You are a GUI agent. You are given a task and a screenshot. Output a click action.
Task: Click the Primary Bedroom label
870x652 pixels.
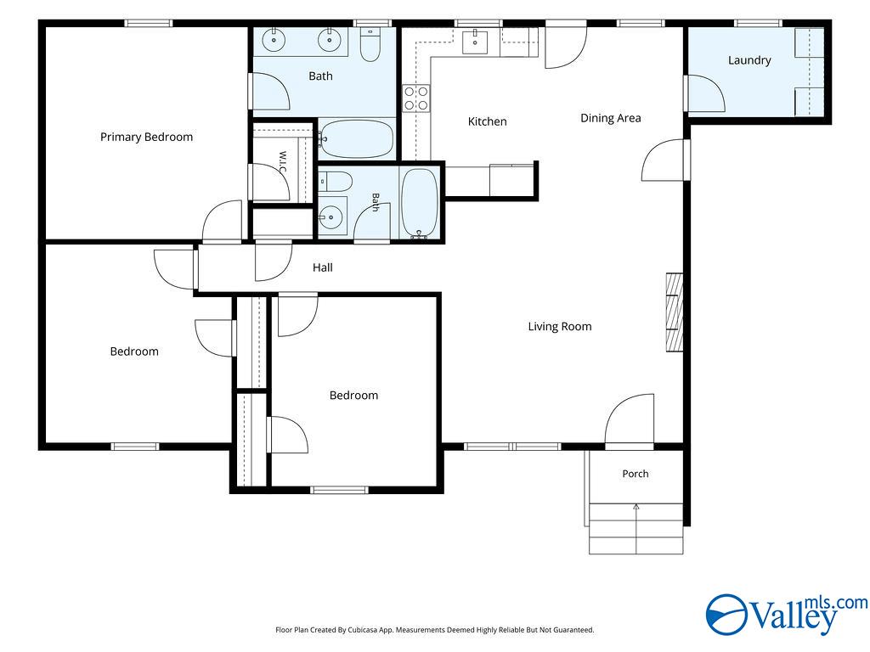pos(146,137)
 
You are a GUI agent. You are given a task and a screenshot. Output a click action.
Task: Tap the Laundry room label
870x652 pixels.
pos(749,60)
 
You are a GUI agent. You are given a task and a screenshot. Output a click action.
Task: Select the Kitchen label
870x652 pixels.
pos(487,121)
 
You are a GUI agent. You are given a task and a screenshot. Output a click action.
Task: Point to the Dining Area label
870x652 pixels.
pos(610,118)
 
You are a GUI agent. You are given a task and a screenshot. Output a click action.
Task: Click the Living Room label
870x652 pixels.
pos(560,327)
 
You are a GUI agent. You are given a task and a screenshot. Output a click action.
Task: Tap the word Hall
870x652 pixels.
pos(322,267)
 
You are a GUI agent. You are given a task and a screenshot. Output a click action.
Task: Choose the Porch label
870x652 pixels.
pos(636,474)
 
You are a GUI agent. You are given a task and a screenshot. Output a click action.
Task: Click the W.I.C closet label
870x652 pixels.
pos(282,161)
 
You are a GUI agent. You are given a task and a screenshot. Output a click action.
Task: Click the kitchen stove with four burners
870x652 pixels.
pos(416,98)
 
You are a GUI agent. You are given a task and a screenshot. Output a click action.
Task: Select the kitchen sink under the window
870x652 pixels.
pos(475,42)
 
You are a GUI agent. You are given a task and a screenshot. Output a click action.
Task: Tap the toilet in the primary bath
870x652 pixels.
pos(370,44)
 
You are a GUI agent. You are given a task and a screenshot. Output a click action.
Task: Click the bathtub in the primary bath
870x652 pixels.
pos(357,138)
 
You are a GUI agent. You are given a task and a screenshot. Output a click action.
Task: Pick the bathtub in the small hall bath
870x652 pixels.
pos(420,203)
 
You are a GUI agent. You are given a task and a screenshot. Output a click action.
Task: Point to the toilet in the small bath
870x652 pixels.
pos(335,182)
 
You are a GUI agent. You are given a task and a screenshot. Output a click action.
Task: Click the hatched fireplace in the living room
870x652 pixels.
pos(674,312)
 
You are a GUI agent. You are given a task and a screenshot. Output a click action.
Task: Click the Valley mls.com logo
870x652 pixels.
pos(786,615)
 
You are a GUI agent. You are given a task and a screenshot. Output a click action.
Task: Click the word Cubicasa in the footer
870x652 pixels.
pos(364,630)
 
